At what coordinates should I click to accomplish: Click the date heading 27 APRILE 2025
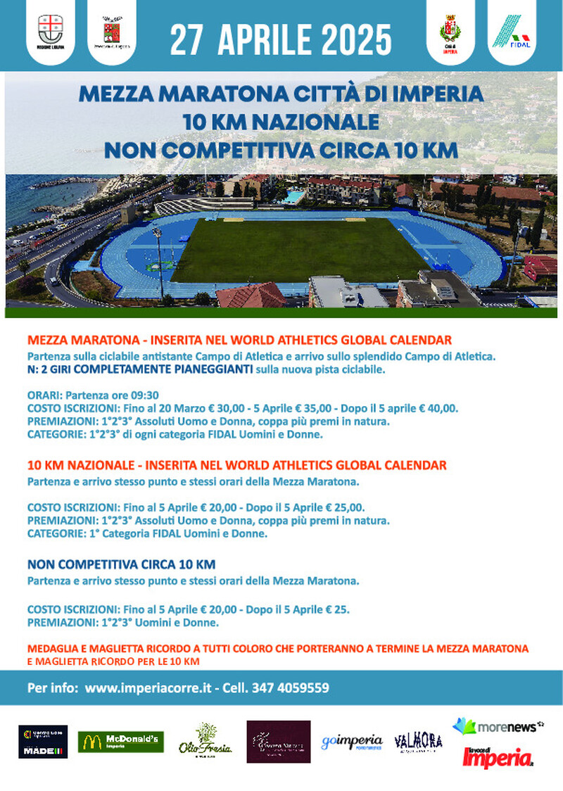point(281,38)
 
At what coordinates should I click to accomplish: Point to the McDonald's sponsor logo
point(120,741)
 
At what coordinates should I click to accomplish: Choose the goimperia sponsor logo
point(352,742)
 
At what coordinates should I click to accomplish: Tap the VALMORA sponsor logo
point(418,741)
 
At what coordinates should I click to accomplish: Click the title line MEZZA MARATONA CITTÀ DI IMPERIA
point(281,93)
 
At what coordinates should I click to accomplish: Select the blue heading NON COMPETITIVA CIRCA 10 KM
point(121,565)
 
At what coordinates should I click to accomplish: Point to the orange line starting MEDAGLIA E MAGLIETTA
point(278,648)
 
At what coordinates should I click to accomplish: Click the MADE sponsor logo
point(43,742)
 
